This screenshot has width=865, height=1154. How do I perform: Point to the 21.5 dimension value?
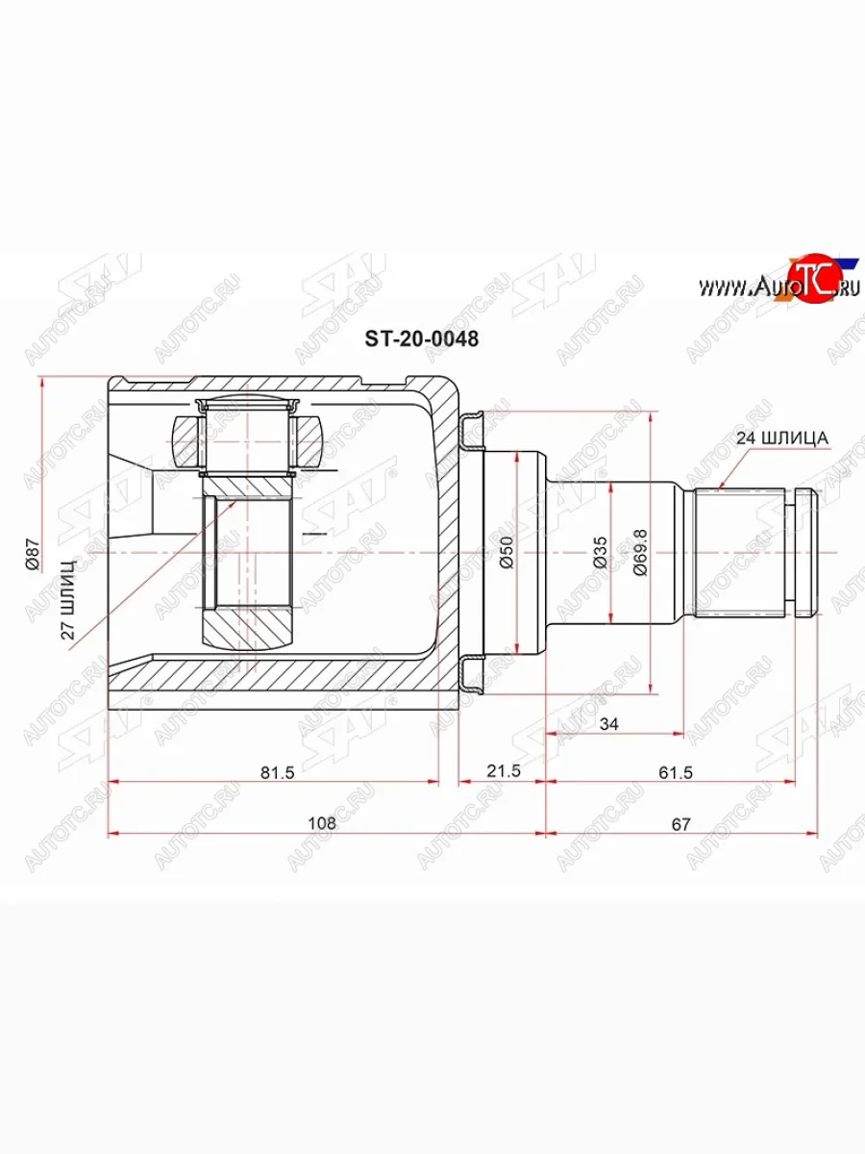click(x=503, y=771)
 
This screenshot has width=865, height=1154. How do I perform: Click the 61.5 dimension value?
click(x=673, y=771)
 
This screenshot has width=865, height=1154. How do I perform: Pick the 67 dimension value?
click(x=682, y=823)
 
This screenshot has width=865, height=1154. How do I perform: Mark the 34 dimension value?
click(x=607, y=723)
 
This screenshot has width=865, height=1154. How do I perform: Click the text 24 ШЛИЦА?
click(x=781, y=438)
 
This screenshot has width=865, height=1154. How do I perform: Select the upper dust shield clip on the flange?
click(x=471, y=433)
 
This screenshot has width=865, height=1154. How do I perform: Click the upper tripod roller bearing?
click(x=246, y=439)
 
